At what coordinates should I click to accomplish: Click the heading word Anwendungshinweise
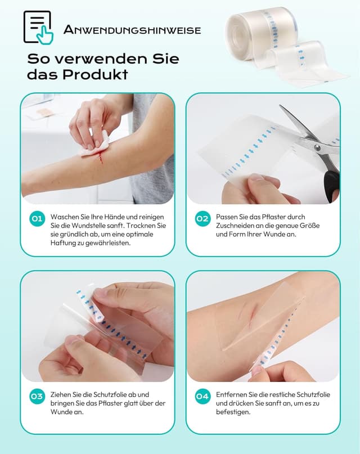pos(132,30)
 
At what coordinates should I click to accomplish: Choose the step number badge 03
pos(37,397)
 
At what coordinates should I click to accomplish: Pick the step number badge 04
pos(202,397)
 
